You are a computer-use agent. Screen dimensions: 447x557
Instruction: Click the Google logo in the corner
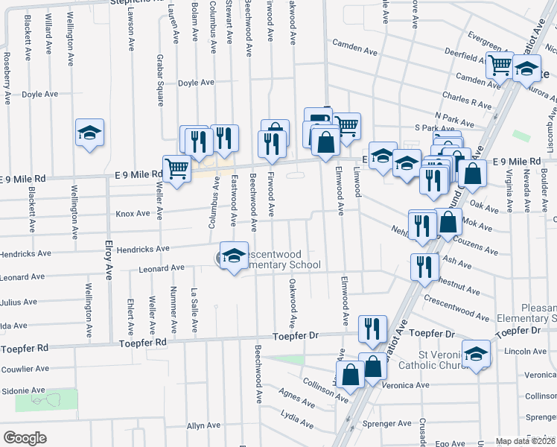click(x=25, y=438)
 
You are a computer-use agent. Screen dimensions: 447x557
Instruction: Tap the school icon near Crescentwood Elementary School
click(x=234, y=256)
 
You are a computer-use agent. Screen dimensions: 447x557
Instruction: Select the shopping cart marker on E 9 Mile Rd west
click(x=176, y=170)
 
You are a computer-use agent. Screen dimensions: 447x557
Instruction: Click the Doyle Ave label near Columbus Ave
click(x=197, y=83)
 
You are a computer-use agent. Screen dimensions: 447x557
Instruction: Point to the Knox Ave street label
click(x=133, y=214)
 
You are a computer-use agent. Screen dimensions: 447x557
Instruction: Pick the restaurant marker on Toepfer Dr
click(x=372, y=327)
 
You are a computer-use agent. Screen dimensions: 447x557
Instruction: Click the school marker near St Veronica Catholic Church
click(x=477, y=353)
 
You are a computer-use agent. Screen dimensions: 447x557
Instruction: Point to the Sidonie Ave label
click(x=25, y=390)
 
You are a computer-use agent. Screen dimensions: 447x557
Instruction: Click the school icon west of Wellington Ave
click(x=90, y=133)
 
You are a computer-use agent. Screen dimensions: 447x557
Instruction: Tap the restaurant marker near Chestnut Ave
click(x=424, y=266)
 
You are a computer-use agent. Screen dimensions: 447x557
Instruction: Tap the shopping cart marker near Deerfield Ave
click(x=500, y=65)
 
